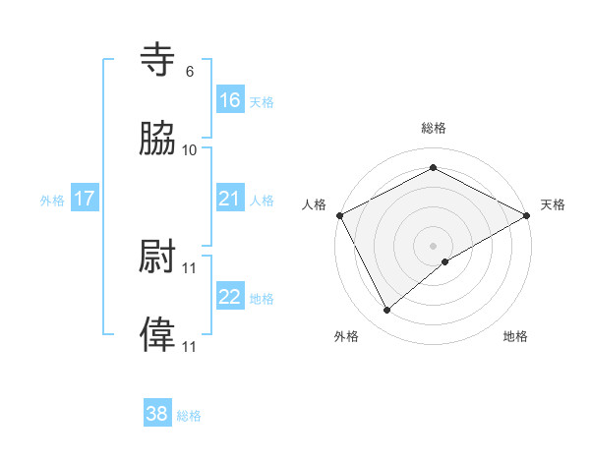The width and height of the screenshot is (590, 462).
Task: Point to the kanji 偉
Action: pos(157,334)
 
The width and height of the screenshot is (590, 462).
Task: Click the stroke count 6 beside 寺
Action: pos(190,71)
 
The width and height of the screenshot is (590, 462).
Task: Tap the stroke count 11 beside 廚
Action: pos(190,266)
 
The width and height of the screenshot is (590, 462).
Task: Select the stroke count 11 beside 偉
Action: pos(190,346)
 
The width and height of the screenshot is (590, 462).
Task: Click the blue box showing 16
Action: pos(230,99)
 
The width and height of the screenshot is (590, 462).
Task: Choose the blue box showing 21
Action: pos(230,199)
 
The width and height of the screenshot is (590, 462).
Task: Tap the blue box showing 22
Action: pos(230,297)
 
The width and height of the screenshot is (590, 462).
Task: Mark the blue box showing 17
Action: pos(85,199)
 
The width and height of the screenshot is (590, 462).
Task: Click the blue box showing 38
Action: pos(157,414)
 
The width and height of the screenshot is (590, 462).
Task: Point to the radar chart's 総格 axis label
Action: pos(434,128)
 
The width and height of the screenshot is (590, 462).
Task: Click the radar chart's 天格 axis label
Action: pos(553,204)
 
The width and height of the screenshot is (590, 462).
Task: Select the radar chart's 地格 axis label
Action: pos(515,336)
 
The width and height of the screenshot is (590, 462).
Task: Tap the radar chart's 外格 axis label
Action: pos(346,336)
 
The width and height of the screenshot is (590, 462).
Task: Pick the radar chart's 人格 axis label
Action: pos(314,204)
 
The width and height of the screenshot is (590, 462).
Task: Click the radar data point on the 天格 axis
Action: pos(528,215)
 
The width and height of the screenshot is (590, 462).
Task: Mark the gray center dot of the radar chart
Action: pos(434,245)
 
